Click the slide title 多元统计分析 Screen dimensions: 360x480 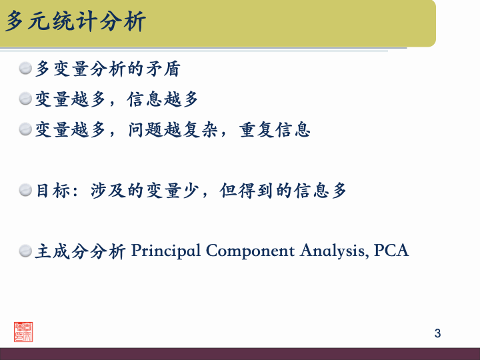click(75, 22)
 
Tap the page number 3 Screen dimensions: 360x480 click(437, 333)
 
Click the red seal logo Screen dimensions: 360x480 click(23, 331)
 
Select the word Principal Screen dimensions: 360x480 click(166, 251)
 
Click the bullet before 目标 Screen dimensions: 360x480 click(25, 191)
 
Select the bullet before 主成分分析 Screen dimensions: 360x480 click(25, 251)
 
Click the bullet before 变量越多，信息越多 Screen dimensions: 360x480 click(25, 99)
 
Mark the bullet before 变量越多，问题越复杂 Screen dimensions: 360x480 click(25, 129)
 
